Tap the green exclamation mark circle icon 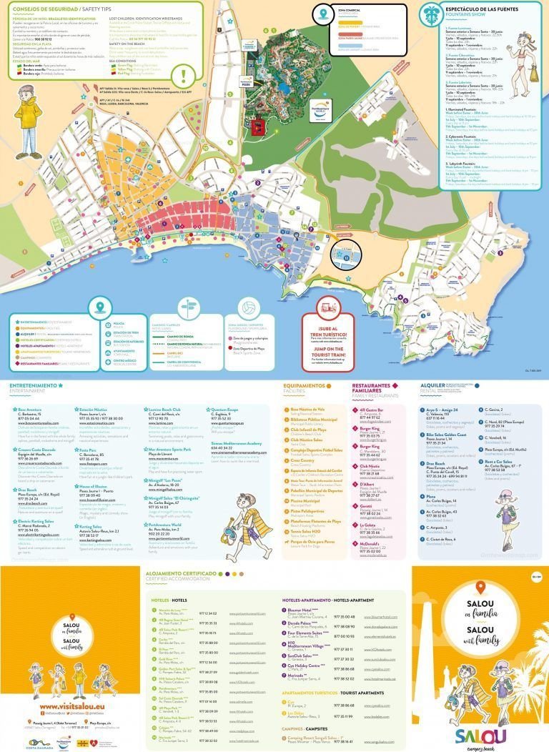pos(185,76)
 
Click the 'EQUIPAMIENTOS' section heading pos(304,385)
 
